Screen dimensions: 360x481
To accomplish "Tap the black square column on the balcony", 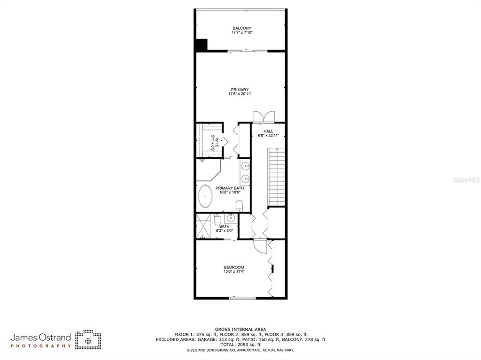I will [202, 45].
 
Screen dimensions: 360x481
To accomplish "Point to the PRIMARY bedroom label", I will [240, 90].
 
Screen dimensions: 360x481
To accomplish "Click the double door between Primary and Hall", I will [262, 117].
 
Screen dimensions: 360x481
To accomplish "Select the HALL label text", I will [268, 131].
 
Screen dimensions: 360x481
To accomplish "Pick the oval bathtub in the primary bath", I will [205, 197].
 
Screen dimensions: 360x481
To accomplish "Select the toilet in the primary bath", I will [239, 205].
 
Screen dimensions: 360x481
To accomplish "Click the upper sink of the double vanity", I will [245, 166].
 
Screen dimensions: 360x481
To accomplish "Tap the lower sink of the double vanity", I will [245, 178].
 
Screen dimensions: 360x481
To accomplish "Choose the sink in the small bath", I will [231, 218].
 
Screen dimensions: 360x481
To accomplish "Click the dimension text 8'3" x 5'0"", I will [225, 231].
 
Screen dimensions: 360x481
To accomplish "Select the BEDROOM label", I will [234, 267].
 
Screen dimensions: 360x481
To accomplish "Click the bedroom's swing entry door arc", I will [260, 245].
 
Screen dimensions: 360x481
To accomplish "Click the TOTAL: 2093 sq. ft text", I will [240, 345].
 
